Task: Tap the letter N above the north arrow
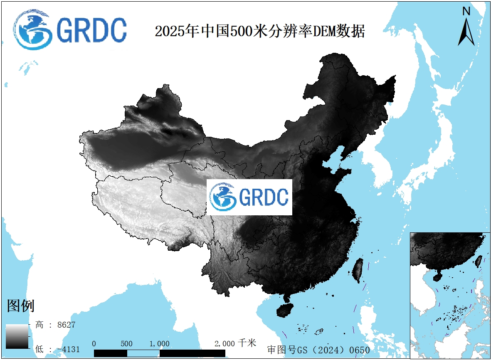[x=466, y=12]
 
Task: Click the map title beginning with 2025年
[x=260, y=31]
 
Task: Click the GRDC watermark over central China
[x=249, y=197]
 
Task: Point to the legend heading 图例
[x=21, y=306]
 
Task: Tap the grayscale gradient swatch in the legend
[x=17, y=336]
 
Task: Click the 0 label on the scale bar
[x=94, y=344]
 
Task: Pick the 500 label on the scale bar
[x=126, y=344]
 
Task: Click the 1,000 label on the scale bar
[x=159, y=344]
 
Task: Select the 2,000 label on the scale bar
[x=225, y=344]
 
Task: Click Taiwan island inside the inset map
[x=479, y=260]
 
